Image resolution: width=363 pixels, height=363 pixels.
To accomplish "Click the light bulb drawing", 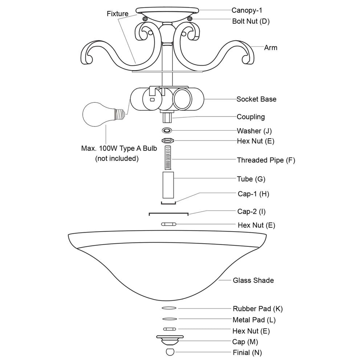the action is point(104,114).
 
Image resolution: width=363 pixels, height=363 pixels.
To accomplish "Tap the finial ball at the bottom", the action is point(170,352).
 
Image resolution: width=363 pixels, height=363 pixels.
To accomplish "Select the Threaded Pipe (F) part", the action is point(168,158).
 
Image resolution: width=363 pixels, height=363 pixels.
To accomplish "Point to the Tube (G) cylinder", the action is point(168,185).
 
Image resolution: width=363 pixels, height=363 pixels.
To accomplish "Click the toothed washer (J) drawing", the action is point(167,131).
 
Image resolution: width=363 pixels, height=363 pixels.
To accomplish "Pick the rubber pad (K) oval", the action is point(169,308).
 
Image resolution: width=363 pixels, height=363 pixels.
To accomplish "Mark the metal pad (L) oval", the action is point(170,319).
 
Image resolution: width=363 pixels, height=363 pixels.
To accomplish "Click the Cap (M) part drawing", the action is point(170,340).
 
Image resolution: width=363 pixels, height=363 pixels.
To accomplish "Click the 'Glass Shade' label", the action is point(253,280).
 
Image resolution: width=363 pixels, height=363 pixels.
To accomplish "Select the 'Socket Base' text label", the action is point(257,99).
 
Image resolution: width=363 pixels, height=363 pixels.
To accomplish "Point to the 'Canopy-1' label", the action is point(247,10).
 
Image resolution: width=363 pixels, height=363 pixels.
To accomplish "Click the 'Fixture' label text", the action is point(117,14).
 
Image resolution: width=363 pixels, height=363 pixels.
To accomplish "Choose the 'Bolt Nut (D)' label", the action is point(251,21).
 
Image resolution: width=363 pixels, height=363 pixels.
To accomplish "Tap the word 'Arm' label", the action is point(271,48).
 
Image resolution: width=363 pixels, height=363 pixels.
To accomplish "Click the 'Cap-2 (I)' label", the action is point(252,211).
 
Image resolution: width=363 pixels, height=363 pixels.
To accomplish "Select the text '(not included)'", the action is point(117,159).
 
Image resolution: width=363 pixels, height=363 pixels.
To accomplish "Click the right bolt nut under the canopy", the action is point(189,19).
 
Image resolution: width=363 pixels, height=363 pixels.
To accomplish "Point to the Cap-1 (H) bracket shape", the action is point(168,203).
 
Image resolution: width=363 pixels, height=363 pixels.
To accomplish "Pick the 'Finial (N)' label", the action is point(247,352).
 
